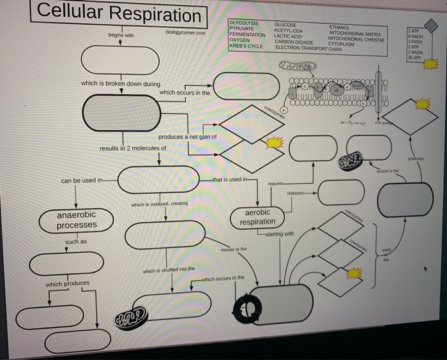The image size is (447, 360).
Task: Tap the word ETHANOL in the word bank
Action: pos(340,27)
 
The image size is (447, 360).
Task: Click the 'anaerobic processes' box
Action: pos(77,220)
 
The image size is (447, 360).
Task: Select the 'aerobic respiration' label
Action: pos(257,216)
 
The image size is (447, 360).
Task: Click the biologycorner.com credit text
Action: pos(185,32)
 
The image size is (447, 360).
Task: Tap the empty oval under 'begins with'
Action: pos(120,61)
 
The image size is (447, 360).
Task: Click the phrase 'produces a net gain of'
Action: pos(187,137)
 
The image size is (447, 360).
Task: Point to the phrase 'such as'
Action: pos(75,243)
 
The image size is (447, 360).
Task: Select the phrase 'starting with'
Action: pos(280,234)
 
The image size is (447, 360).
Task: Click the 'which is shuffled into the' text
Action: pos(169,271)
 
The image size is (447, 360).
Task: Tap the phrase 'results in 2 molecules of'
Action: pos(133,148)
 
